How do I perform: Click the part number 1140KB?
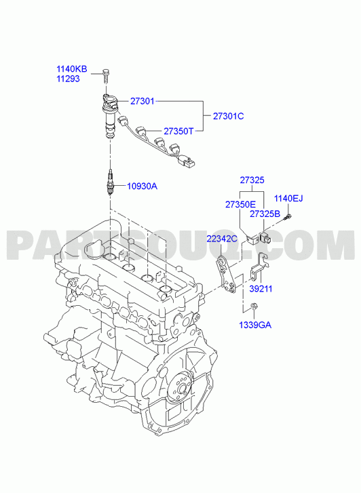pos(72,69)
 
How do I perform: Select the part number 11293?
pos(68,79)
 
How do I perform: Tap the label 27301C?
pos(229,116)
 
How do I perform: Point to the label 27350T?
pos(178,131)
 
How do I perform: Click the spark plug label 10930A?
pos(142,186)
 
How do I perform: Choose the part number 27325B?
pos(265,214)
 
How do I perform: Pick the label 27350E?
pos(240,204)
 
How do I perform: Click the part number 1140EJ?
pos(288,199)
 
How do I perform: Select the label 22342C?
pos(222,239)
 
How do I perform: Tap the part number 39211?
pos(261,288)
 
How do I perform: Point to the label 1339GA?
pos(255,325)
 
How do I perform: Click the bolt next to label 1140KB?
pos(105,76)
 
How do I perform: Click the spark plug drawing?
pos(110,182)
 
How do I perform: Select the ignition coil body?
pos(110,117)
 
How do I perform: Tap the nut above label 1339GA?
pos(254,306)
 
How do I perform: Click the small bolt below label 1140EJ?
pos(288,216)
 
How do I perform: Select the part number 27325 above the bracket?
pos(252,180)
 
